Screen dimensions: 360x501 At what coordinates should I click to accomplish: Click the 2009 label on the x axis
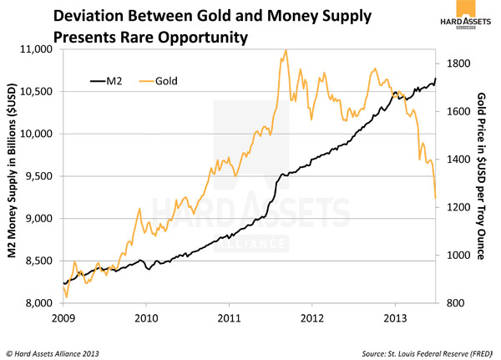click(x=63, y=317)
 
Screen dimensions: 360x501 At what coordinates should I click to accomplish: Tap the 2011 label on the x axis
click(x=230, y=317)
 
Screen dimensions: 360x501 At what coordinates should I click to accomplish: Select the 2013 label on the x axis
click(x=395, y=317)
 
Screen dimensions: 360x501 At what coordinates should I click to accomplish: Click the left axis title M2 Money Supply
click(x=14, y=175)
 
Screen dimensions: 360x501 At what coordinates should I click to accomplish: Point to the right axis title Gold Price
click(x=481, y=175)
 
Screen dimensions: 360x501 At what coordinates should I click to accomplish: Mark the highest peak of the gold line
click(x=286, y=49)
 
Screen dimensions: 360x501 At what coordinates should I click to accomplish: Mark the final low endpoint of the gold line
click(x=435, y=199)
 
